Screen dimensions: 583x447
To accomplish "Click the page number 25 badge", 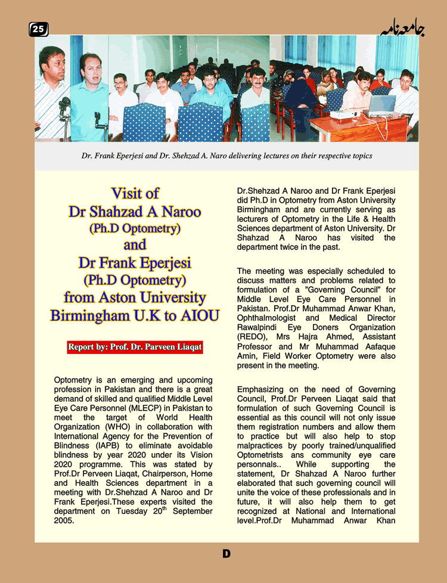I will coord(39,29).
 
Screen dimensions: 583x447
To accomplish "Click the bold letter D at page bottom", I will coord(226,554).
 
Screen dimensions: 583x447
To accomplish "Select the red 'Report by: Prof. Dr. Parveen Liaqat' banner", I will coord(135,346).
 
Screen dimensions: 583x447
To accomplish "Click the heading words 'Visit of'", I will coord(135,193).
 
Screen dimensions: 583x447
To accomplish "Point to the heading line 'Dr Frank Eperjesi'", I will coord(135,262).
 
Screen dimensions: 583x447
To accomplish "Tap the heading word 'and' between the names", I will coord(135,245).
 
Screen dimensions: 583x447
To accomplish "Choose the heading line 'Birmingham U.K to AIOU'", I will coord(135,315).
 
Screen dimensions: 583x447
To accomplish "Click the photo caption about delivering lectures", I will coord(226,156).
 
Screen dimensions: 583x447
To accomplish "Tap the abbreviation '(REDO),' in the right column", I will coord(252,336).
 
